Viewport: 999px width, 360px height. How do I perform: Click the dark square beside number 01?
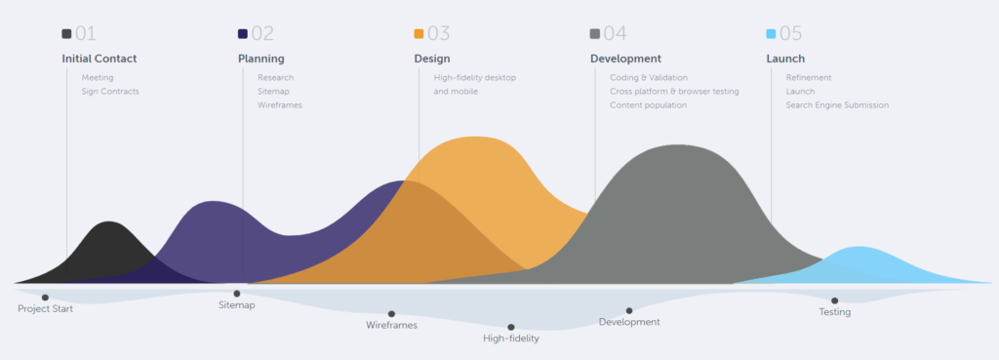click(x=66, y=34)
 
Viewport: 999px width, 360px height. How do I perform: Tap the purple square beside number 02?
click(x=243, y=34)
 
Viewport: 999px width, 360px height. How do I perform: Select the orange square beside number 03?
click(x=419, y=34)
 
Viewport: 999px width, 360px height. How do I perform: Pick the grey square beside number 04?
click(x=595, y=34)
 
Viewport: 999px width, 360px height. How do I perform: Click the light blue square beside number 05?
click(x=771, y=34)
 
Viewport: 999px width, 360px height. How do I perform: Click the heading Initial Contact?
click(x=100, y=59)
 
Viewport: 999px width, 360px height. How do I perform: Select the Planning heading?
click(x=261, y=59)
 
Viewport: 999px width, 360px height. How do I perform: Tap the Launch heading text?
click(x=785, y=59)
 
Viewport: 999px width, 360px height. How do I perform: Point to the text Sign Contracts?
click(x=110, y=92)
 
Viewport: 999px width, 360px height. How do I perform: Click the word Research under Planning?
click(x=275, y=77)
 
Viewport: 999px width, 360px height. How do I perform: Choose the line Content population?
click(x=648, y=105)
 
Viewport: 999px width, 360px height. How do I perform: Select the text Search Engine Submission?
click(x=837, y=105)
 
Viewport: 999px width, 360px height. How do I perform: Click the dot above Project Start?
click(x=45, y=298)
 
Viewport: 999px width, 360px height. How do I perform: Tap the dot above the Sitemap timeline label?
click(x=236, y=293)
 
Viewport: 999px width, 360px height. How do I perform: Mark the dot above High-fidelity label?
click(x=510, y=328)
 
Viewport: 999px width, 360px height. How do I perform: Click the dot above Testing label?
click(x=834, y=300)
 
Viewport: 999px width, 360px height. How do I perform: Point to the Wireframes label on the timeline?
click(x=391, y=325)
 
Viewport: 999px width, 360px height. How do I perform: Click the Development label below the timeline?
click(x=629, y=322)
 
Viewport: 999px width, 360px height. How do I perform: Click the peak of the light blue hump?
click(x=859, y=249)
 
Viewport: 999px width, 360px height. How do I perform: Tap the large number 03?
click(x=438, y=34)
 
